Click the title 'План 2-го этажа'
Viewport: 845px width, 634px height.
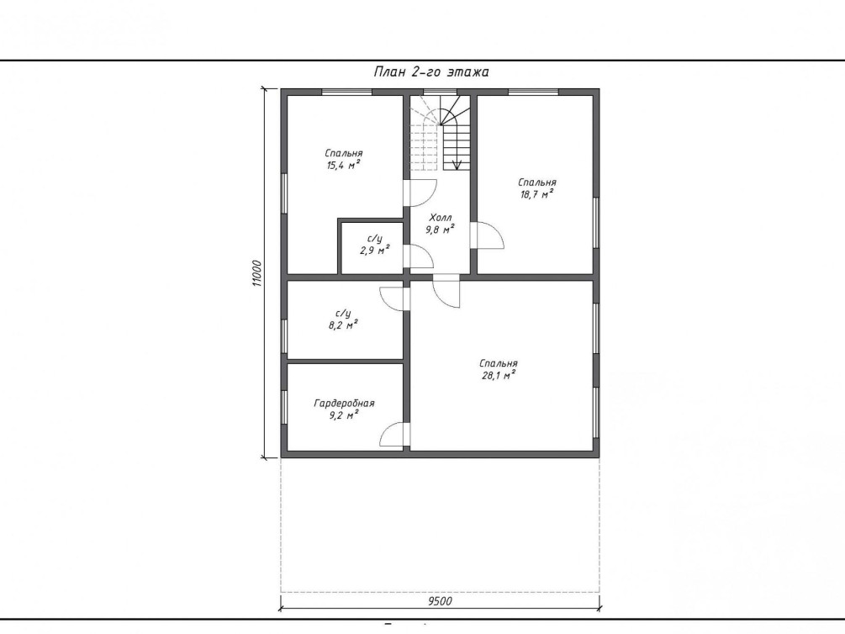tap(431, 72)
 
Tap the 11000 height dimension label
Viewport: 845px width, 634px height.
tap(256, 273)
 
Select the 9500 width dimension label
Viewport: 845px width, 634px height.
tap(440, 601)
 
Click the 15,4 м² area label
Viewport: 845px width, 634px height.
tap(343, 166)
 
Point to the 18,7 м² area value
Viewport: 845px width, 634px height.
tap(536, 194)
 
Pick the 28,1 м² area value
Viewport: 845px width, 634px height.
tap(499, 375)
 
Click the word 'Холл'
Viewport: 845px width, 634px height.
tap(441, 218)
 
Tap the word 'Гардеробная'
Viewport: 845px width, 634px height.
tap(344, 404)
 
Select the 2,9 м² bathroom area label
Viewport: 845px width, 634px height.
tap(374, 251)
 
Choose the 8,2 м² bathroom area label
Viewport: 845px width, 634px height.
tap(343, 325)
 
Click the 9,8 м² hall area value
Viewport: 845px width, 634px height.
tap(440, 230)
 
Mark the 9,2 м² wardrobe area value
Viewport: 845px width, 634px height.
tap(344, 415)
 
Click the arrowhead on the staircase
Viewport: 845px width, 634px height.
tap(457, 166)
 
